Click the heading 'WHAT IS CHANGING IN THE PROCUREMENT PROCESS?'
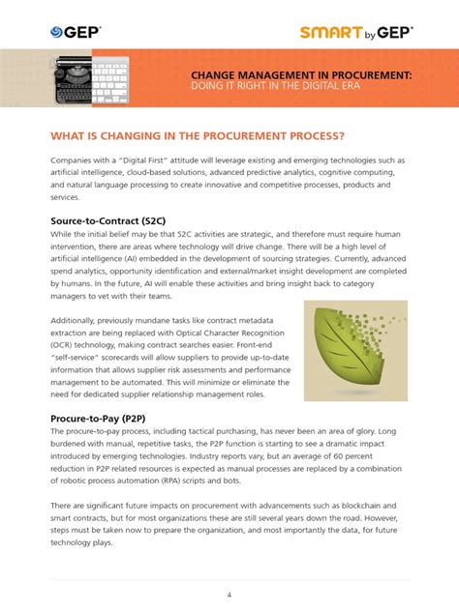[211, 135]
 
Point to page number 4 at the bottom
[229, 567]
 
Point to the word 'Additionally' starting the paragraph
[77, 331]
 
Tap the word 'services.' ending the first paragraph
[66, 196]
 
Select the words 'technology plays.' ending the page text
[84, 542]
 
